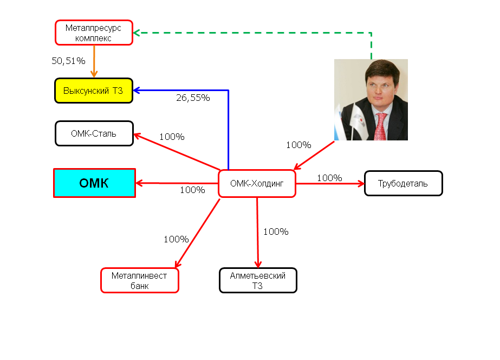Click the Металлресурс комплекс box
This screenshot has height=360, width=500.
coord(94,33)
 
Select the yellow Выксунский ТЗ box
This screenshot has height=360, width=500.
coord(94,91)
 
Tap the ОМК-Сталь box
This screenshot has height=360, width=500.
coord(94,133)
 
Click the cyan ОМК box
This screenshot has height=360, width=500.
coord(94,183)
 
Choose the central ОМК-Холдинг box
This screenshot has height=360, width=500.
coord(257,184)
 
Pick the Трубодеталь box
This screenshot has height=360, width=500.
coord(403,183)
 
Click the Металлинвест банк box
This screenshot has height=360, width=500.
coord(139,280)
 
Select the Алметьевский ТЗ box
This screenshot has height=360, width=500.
coord(258,280)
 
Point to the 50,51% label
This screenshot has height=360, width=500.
coord(68,61)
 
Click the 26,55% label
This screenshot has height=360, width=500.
coord(193,98)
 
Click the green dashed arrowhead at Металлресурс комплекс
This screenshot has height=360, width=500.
coord(137,33)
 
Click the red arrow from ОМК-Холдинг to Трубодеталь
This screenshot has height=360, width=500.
coord(330,184)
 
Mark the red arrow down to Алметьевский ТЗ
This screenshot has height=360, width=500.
coord(257,233)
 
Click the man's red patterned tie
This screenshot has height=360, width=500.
coord(381,127)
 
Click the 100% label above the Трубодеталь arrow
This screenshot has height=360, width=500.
coord(329,178)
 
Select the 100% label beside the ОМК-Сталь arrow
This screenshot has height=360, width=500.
coord(172,137)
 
